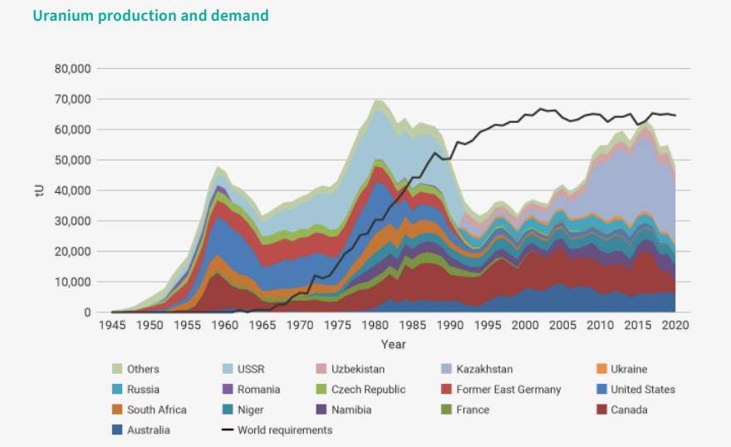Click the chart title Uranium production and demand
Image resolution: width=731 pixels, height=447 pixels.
pos(151,16)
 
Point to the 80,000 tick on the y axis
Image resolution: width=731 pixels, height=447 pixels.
pos(72,68)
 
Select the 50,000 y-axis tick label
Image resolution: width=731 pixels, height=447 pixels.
pos(72,160)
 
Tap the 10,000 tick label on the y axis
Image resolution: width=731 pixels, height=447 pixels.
pos(72,282)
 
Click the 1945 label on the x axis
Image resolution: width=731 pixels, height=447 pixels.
pos(111,326)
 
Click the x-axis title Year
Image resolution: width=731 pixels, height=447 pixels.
pos(394,344)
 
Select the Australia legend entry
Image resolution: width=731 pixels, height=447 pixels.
pos(148,430)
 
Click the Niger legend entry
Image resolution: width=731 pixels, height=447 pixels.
pos(251,410)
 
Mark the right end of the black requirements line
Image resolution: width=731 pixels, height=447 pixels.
pos(676,115)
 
